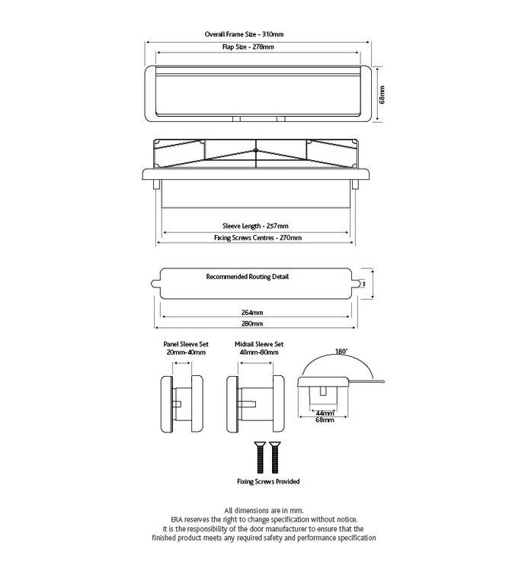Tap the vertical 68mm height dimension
point(382,94)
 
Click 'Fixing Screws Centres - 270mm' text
point(255,238)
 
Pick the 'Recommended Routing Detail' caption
point(248,277)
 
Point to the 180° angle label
point(342,352)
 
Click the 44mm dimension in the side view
point(325,413)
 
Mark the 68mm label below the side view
point(325,421)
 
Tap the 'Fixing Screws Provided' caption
point(268,481)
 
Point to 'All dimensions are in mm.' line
point(264,509)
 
